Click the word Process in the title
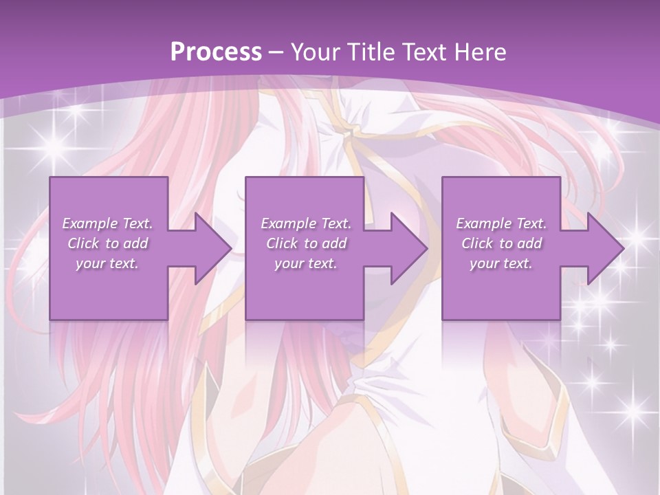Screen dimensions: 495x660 [x=216, y=52]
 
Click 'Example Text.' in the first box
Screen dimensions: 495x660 [x=107, y=223]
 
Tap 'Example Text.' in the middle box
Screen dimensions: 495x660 [x=305, y=223]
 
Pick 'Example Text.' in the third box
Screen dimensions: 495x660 [x=500, y=223]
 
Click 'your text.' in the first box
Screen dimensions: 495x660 [x=107, y=263]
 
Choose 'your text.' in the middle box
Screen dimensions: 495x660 [x=305, y=263]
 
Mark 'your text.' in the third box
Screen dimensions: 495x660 [x=500, y=263]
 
